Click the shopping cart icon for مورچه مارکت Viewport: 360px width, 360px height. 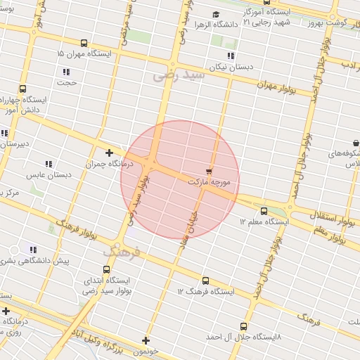pos(209,171)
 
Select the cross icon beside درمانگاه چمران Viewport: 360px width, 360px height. pos(109,152)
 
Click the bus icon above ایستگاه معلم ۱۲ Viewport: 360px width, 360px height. pos(264,210)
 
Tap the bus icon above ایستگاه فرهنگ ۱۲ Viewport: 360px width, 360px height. pos(205,281)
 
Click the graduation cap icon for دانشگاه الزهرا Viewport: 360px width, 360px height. pos(216,14)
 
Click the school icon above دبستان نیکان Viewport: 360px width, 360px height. pos(231,55)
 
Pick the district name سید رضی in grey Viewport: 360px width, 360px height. pos(179,72)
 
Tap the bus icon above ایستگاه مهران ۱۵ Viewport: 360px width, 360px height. pos(84,42)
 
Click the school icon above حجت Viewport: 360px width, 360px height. pos(66,72)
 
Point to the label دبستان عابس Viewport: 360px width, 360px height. pos(46,174)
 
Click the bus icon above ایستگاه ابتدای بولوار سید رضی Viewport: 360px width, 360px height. pos(106,269)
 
